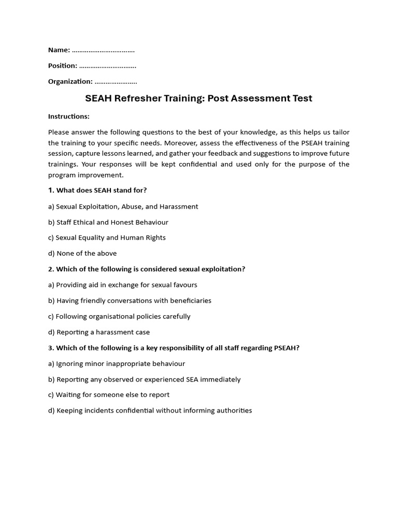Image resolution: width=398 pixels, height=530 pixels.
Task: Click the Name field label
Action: click(x=59, y=50)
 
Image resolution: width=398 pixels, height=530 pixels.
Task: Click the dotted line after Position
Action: click(x=108, y=66)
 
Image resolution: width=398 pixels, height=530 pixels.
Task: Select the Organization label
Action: click(x=70, y=81)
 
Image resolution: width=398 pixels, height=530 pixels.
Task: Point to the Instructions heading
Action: click(x=68, y=116)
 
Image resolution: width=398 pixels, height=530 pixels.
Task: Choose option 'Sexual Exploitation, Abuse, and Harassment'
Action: click(x=126, y=207)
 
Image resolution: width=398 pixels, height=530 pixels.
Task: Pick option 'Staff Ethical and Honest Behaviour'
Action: click(x=112, y=222)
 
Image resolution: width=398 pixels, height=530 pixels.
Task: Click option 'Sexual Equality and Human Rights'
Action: click(x=110, y=238)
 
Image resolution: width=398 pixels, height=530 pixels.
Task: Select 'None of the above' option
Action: click(x=86, y=253)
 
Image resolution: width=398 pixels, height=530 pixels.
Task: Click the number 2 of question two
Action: click(x=50, y=269)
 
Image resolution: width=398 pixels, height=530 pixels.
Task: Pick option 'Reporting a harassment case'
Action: click(x=103, y=332)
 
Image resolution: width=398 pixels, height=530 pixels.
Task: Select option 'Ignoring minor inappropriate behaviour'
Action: click(x=120, y=364)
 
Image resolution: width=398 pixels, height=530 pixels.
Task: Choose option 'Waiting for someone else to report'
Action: click(x=112, y=395)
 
